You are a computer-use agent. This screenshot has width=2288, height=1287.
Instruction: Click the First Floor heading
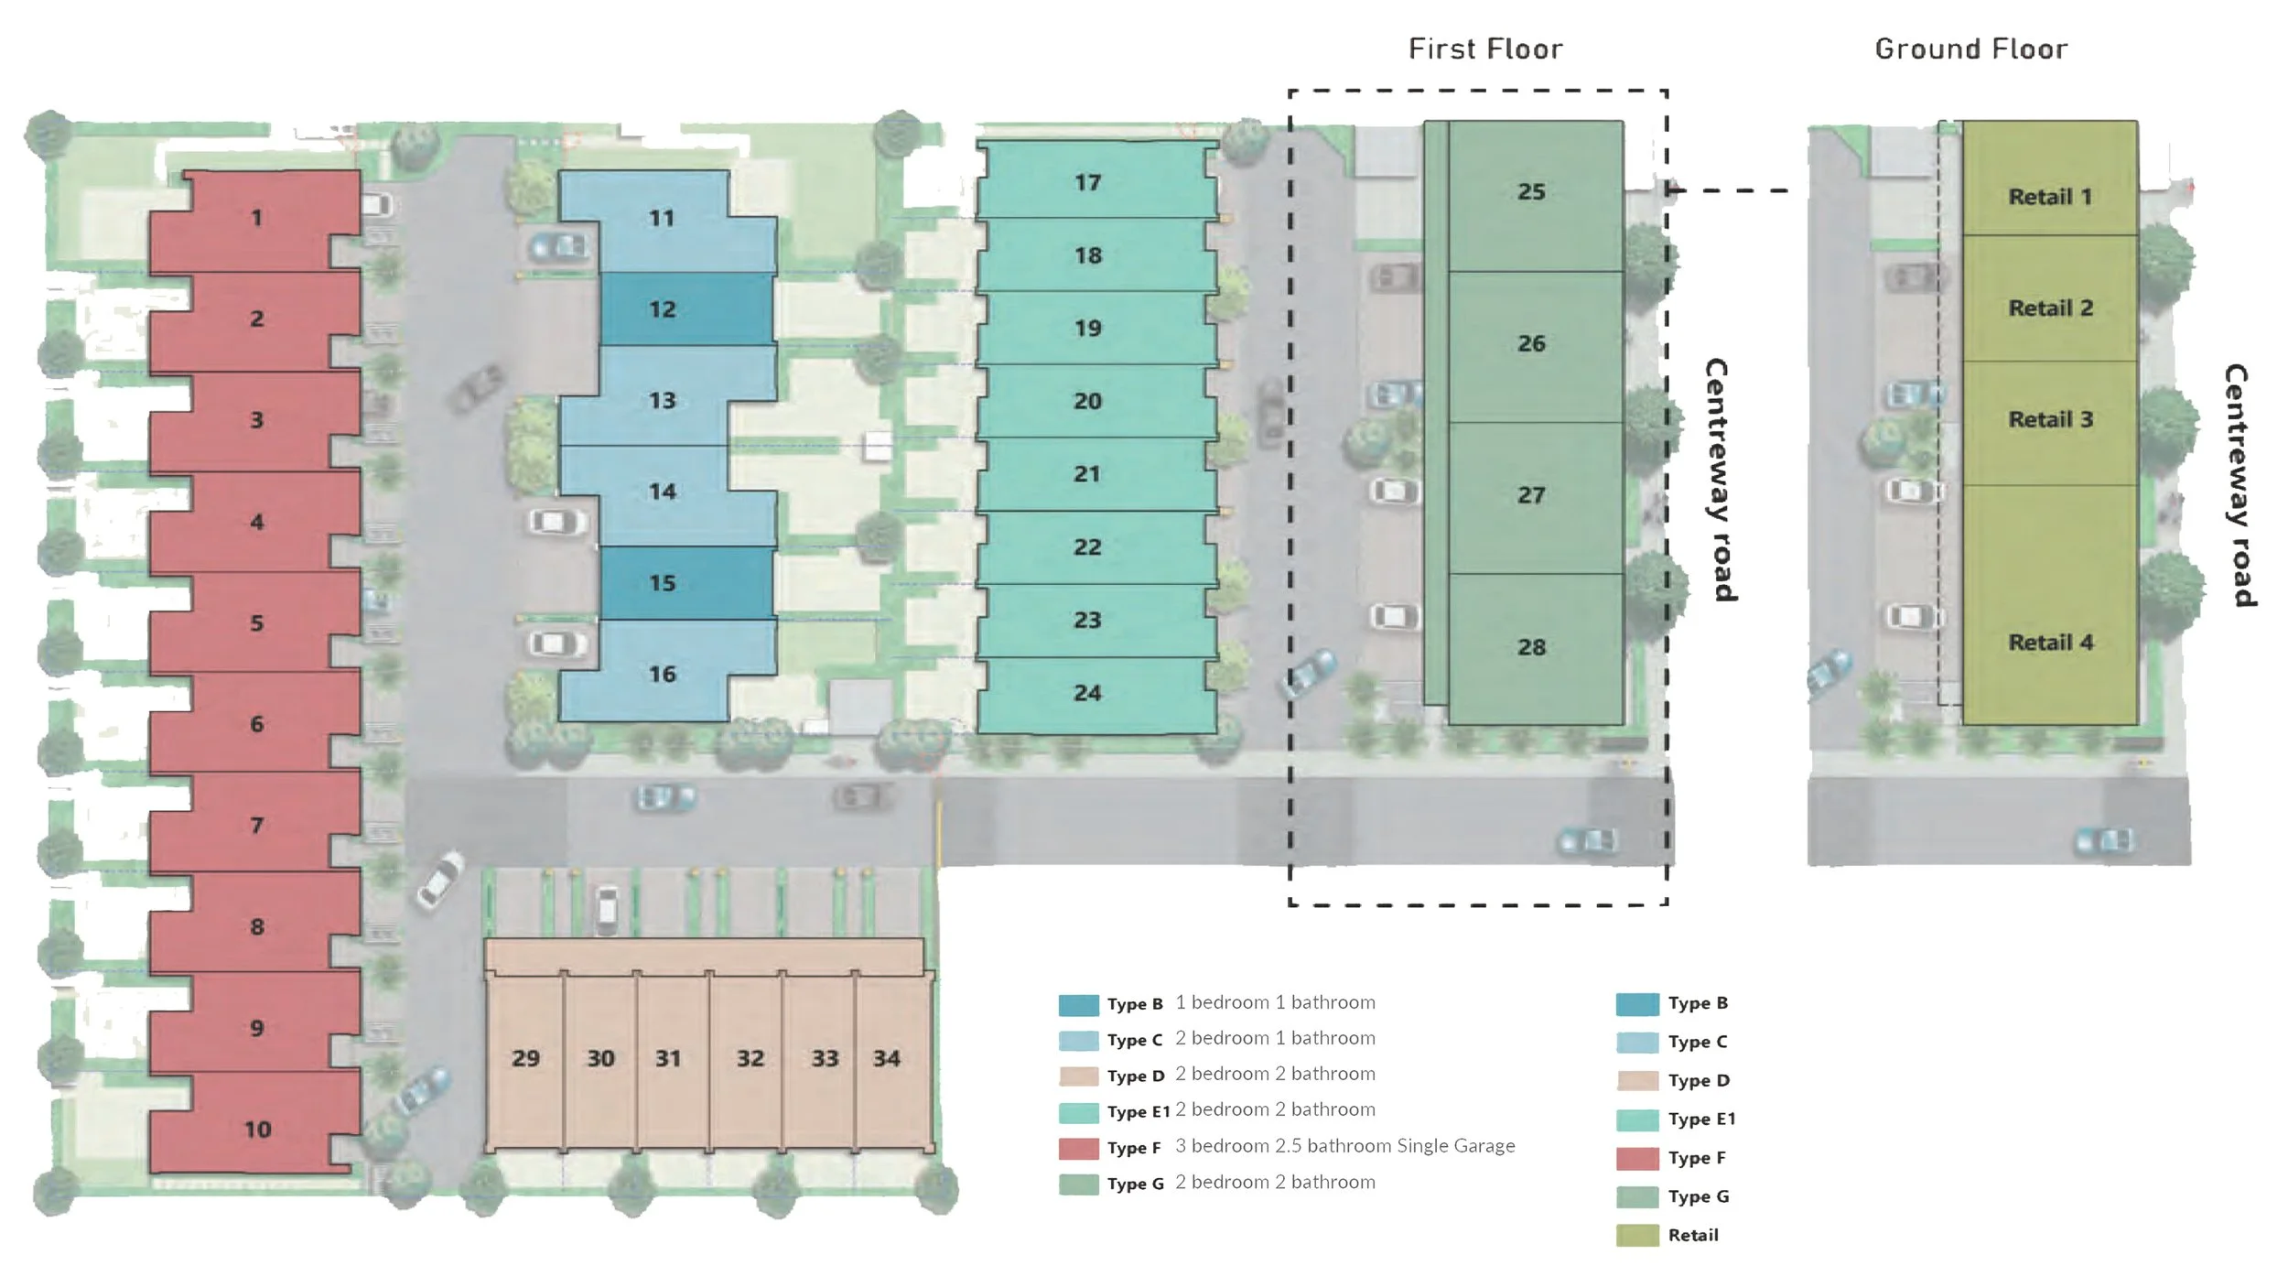(1485, 49)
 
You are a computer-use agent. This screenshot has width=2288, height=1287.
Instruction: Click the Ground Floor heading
(1971, 49)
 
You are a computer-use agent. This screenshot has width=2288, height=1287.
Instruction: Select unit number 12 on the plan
(663, 309)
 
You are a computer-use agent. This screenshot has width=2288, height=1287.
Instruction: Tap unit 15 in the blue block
(663, 583)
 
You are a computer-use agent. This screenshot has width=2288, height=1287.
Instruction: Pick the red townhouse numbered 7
(257, 826)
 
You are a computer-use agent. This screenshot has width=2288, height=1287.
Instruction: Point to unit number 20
(1087, 401)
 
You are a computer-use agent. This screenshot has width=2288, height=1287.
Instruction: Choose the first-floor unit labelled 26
(1531, 343)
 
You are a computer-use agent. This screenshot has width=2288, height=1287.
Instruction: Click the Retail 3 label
(2051, 419)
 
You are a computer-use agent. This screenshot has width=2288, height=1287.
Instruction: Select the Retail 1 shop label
(2050, 197)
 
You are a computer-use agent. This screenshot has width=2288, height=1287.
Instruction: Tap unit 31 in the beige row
(668, 1058)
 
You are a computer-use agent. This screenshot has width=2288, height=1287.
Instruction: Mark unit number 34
(887, 1058)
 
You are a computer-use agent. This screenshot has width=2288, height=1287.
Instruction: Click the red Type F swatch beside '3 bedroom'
(1079, 1148)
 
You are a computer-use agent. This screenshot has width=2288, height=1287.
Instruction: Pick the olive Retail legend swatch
(1637, 1235)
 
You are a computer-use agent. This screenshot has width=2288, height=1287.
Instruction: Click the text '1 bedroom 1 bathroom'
(1275, 1002)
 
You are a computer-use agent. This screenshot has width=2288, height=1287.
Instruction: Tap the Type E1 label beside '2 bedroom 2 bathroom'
(1139, 1112)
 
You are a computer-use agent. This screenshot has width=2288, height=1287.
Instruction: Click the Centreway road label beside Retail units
(2238, 485)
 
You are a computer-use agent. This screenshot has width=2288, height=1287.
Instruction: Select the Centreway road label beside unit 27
(1721, 480)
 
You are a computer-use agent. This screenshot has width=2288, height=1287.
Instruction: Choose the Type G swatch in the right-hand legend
(1637, 1196)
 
